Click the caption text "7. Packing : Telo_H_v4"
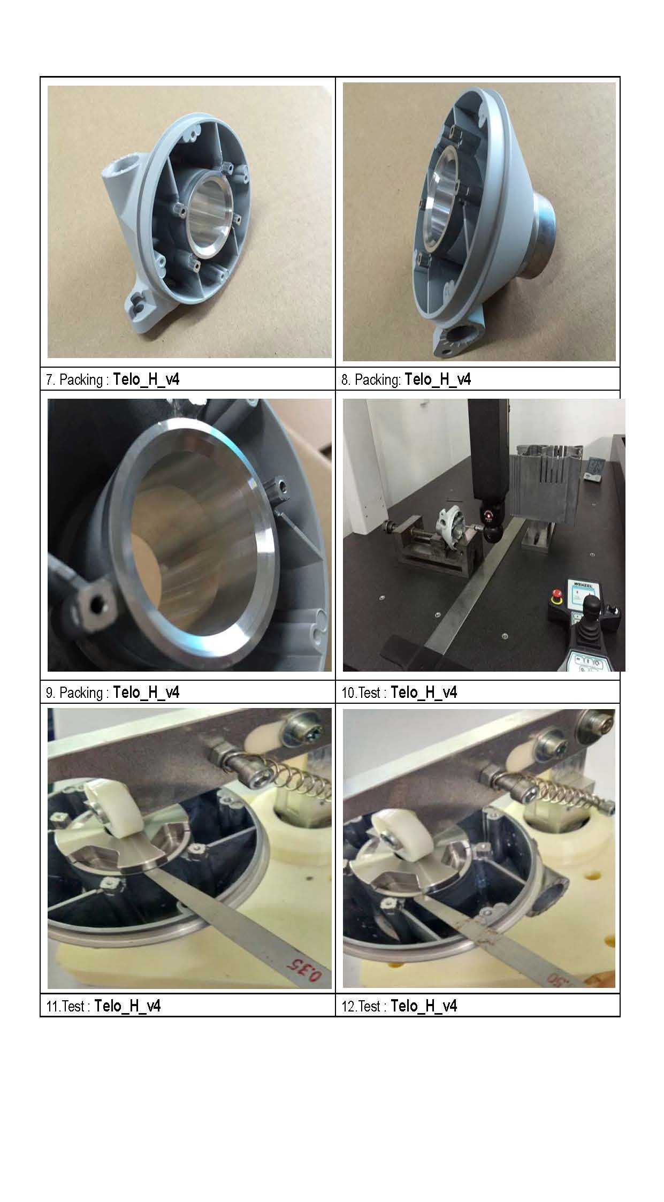[x=113, y=379]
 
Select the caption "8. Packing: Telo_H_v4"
[x=406, y=379]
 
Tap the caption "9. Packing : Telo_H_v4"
[x=113, y=693]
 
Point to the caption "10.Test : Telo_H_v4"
[x=399, y=693]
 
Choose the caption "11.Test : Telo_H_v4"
[x=103, y=1006]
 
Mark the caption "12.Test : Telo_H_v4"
[x=399, y=1006]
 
